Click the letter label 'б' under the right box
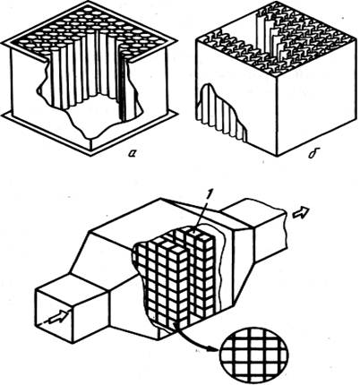point(313,154)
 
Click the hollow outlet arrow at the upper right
point(302,212)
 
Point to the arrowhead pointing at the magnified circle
point(212,348)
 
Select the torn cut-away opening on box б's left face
point(221,114)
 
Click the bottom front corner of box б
point(278,155)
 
